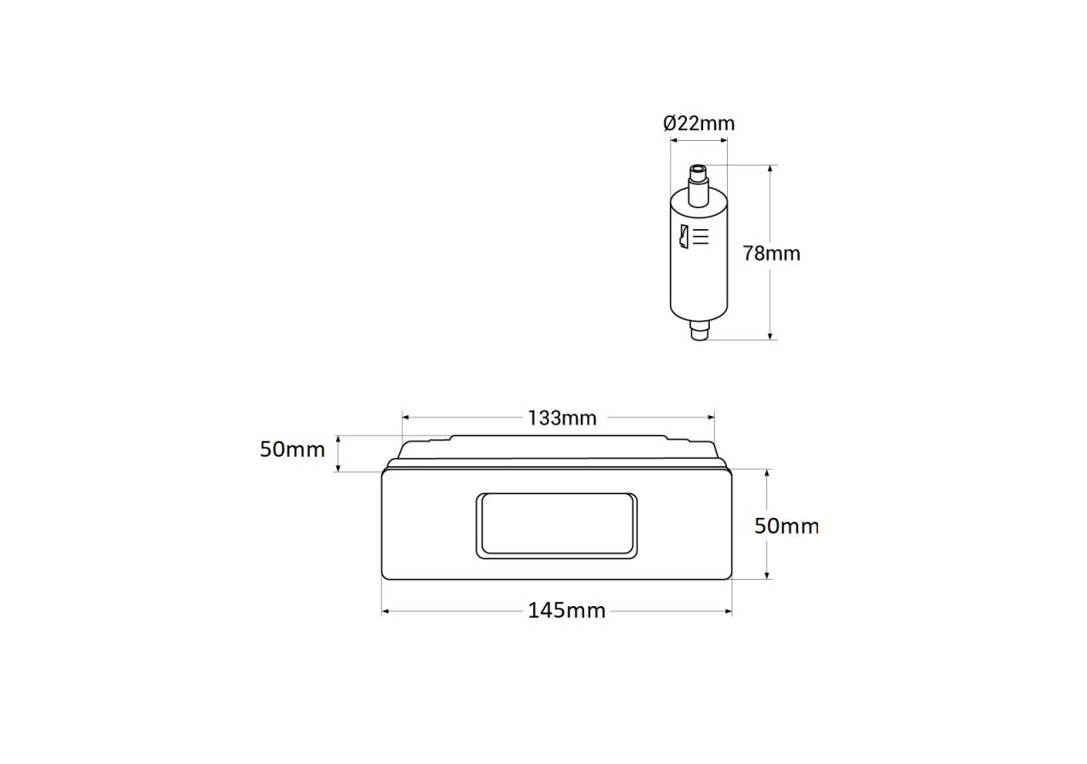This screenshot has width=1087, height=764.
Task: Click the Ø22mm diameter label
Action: click(x=699, y=124)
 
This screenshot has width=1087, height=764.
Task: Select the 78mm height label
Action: click(x=772, y=253)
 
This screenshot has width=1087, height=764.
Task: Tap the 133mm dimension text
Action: click(x=562, y=418)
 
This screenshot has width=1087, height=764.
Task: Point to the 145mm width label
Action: click(x=567, y=610)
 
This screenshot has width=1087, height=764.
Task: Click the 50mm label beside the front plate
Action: click(x=787, y=525)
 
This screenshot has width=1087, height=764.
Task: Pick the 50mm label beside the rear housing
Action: click(x=292, y=449)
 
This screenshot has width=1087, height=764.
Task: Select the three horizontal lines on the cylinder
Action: click(x=701, y=237)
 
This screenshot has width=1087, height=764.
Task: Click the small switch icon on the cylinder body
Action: click(x=682, y=238)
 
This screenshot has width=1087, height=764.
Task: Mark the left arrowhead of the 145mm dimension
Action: click(x=386, y=610)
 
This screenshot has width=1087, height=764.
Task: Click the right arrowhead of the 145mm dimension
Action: click(x=728, y=610)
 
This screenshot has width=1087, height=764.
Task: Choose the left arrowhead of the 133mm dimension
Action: click(x=406, y=418)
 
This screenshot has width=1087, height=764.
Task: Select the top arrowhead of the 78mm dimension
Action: click(x=769, y=171)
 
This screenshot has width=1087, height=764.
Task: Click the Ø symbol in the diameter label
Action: click(x=670, y=124)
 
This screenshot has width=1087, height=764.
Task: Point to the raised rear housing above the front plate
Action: click(x=556, y=450)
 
